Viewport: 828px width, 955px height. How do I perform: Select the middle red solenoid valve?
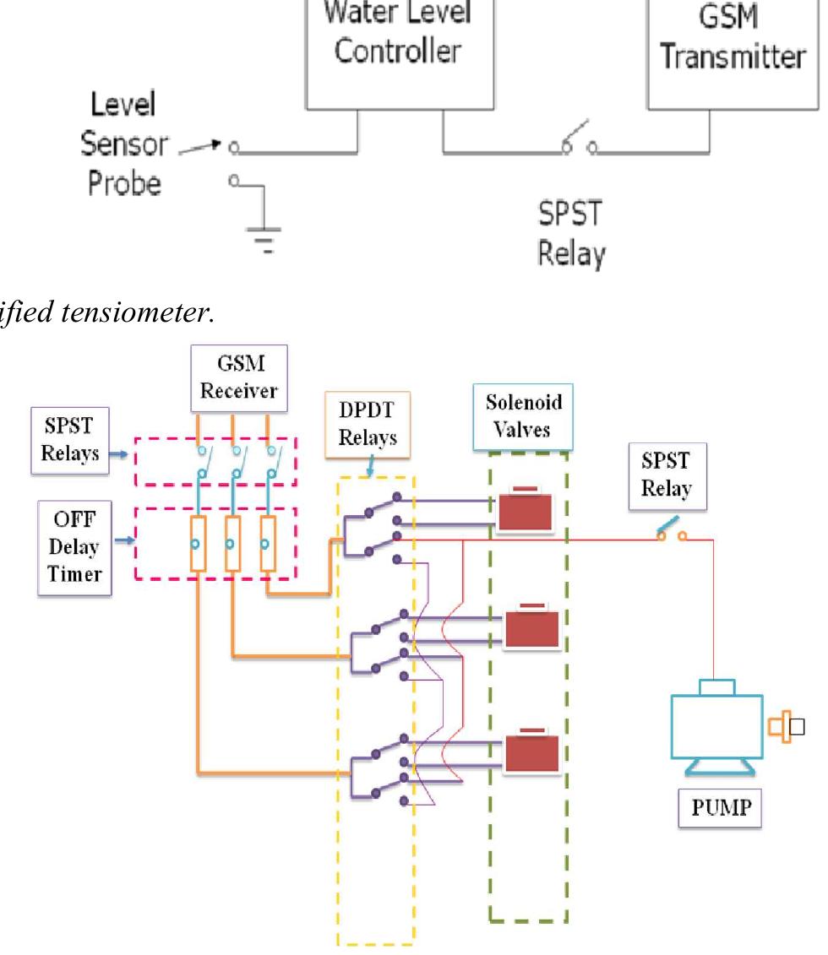(x=531, y=628)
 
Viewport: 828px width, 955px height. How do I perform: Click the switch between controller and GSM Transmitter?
(x=580, y=149)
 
